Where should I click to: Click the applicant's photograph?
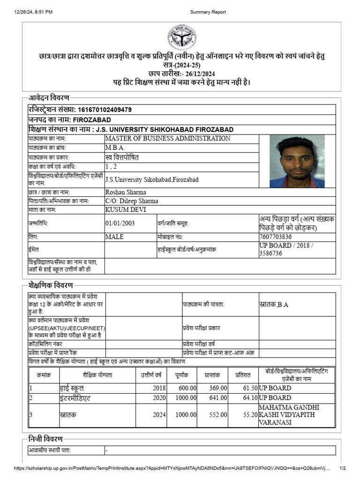point(297,161)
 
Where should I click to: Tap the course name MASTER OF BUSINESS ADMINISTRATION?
point(167,138)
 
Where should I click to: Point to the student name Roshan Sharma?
point(126,192)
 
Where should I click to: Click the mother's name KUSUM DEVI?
point(126,210)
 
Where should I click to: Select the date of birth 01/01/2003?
point(120,223)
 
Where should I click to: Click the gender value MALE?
point(114,237)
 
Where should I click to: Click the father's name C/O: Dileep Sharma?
point(132,201)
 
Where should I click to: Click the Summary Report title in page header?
point(208,12)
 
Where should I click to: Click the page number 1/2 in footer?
point(342,469)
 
